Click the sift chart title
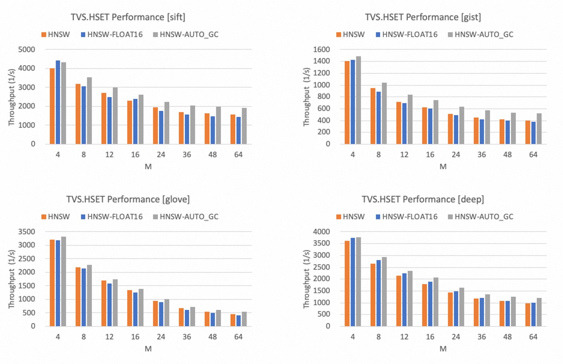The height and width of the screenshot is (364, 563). click(x=128, y=17)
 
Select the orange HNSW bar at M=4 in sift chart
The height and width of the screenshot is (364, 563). click(x=52, y=106)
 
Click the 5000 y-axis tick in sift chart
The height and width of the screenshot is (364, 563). click(x=27, y=50)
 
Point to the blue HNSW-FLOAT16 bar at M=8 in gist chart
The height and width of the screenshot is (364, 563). click(x=379, y=118)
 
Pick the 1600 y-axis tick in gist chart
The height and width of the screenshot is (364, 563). click(x=322, y=50)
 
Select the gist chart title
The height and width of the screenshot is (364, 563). click(x=423, y=17)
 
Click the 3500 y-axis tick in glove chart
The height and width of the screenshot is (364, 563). click(x=27, y=232)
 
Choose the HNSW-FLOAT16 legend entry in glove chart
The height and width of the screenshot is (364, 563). click(x=112, y=217)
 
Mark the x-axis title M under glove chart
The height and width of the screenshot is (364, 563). click(x=148, y=349)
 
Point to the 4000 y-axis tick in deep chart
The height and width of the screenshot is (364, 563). click(x=322, y=232)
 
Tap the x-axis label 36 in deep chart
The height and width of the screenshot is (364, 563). click(x=481, y=337)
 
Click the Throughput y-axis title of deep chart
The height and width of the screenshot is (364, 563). click(x=307, y=279)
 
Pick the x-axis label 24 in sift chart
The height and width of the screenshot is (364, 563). click(x=161, y=155)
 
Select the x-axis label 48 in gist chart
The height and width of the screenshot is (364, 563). click(x=507, y=155)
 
